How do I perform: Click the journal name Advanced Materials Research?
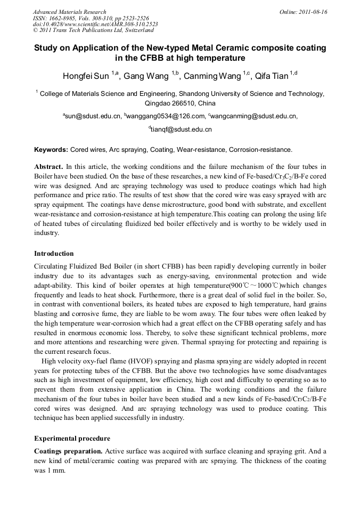point(69,12)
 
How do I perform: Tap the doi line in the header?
point(95,24)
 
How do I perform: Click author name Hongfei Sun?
point(86,76)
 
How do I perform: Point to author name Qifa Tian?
point(272,76)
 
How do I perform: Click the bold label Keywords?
point(51,150)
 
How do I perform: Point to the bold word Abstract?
point(49,166)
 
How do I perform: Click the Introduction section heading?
point(54,253)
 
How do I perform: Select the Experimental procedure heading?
point(72,438)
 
